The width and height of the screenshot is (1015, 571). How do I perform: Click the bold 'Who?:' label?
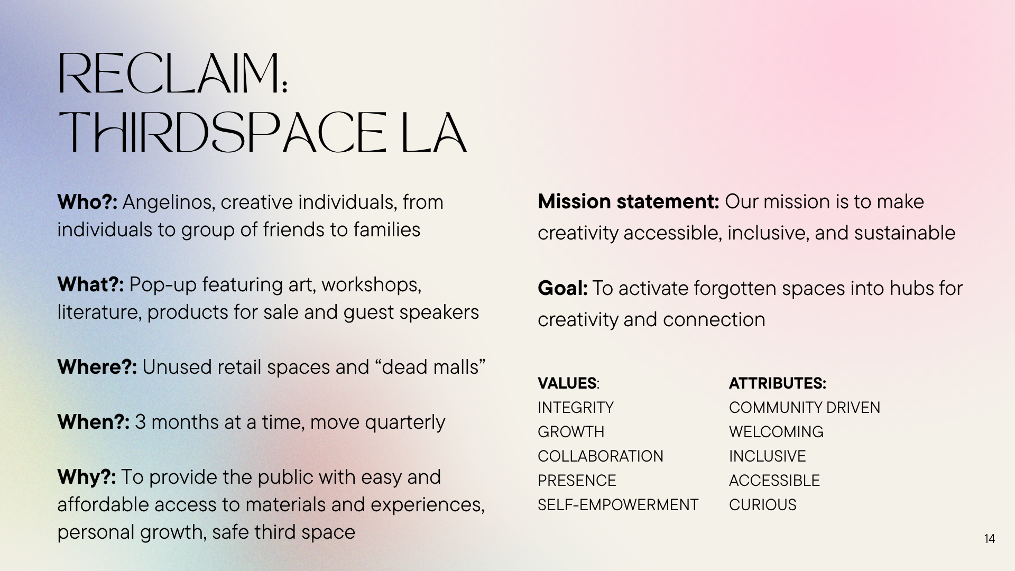pos(87,202)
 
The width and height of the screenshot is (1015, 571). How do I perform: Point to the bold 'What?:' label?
pos(90,284)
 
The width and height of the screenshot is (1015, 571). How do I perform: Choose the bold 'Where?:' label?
pos(97,367)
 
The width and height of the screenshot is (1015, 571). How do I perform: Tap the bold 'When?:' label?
pos(94,422)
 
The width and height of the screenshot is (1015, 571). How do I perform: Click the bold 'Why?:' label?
pos(87,477)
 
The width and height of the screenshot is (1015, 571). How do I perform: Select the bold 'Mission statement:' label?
pos(629,201)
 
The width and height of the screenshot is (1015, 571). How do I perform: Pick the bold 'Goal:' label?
pos(562,288)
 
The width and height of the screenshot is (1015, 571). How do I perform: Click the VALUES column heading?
pos(568,383)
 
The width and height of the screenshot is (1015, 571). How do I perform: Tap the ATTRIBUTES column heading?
pos(777,383)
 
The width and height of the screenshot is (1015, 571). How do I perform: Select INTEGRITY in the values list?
pos(576,407)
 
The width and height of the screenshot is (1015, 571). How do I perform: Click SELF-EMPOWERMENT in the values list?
pos(618,504)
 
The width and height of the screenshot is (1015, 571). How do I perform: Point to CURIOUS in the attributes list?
pos(763,504)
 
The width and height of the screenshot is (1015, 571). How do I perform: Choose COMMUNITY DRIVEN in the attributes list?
pos(805,407)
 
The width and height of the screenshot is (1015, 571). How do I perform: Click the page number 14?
pos(990,539)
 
